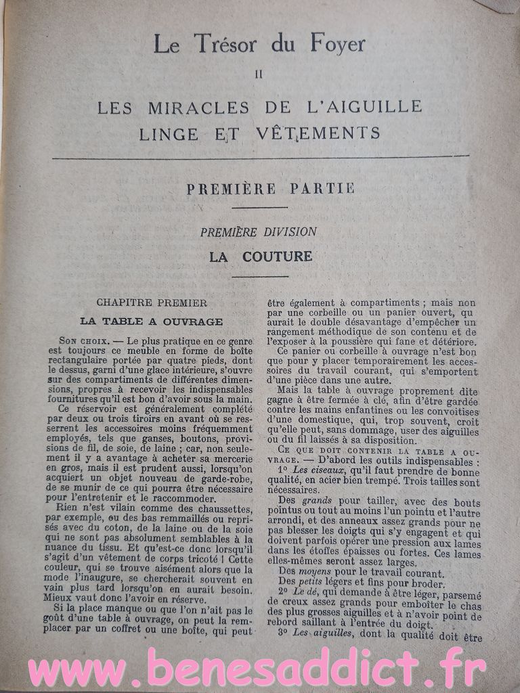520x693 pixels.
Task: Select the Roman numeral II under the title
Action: coord(258,75)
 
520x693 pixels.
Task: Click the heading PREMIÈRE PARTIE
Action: coord(270,188)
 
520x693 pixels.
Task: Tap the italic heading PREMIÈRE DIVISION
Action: coord(258,231)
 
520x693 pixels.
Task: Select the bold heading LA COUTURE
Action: coord(260,256)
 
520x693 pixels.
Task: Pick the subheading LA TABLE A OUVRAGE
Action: coord(151,321)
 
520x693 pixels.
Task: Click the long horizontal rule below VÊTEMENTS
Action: coord(260,157)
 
